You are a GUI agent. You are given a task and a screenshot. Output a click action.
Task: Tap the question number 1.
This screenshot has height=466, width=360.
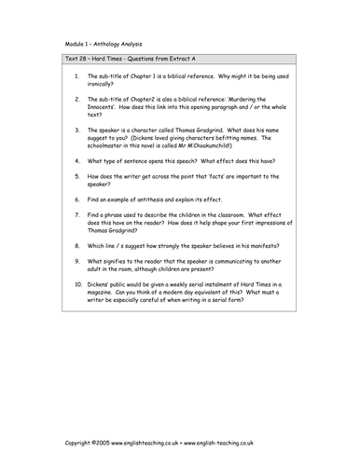tap(76, 98)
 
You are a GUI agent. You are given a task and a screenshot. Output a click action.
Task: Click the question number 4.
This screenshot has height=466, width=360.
tap(76, 160)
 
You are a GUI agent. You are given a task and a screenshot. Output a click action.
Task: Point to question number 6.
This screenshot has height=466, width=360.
tap(76, 199)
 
